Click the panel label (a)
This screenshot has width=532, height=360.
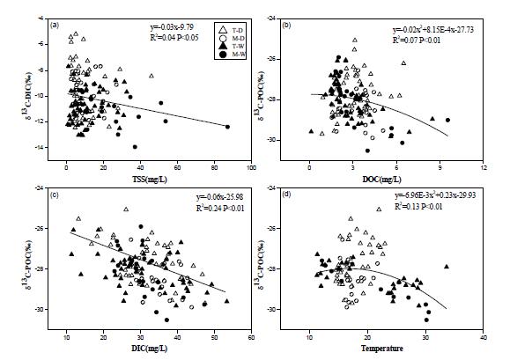[x=55, y=25]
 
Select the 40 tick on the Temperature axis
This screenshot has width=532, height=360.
[x=483, y=335]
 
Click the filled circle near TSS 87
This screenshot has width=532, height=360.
[x=227, y=127]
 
